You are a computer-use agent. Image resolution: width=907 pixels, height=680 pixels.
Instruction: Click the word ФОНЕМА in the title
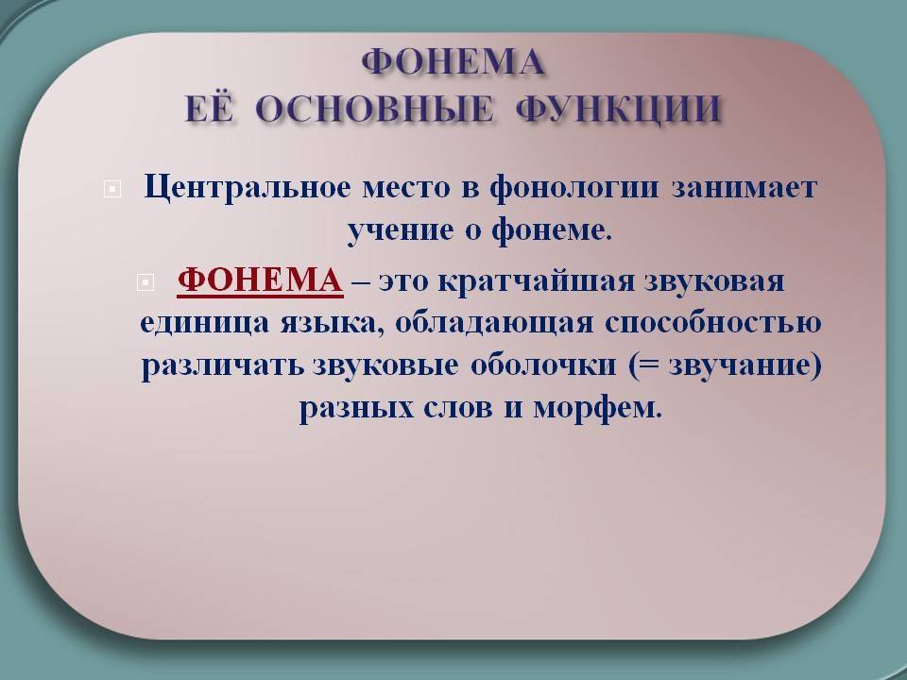(453, 62)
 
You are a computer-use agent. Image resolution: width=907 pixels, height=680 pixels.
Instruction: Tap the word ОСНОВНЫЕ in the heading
(374, 109)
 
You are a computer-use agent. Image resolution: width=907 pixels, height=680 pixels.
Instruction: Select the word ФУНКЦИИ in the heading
(618, 109)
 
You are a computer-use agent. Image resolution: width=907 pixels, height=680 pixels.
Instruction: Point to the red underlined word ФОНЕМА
(261, 280)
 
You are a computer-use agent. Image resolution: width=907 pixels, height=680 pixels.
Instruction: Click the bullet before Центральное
(112, 189)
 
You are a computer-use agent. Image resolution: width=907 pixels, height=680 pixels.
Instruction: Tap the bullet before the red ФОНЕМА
(145, 282)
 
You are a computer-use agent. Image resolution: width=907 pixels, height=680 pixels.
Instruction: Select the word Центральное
(248, 188)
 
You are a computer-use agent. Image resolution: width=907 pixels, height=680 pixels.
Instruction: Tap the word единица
(205, 324)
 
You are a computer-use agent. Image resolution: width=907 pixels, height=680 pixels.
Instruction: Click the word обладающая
(494, 324)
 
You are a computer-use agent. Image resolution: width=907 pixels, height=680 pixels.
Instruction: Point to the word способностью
(714, 324)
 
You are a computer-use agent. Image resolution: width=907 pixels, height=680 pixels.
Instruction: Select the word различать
(223, 366)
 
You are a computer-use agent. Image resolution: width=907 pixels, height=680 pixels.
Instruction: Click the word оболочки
(543, 365)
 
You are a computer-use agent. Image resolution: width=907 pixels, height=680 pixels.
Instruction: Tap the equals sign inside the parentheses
(650, 366)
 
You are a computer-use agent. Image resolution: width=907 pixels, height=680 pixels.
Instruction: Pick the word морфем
(597, 408)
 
